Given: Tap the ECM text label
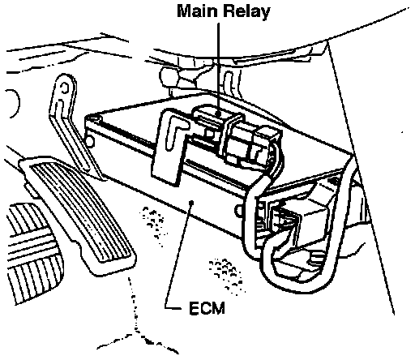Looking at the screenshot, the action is click(207, 308).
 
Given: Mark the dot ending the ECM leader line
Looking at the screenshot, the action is click(192, 202).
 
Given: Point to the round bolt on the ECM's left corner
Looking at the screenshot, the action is click(90, 141).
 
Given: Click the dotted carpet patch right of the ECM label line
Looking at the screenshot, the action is click(226, 274).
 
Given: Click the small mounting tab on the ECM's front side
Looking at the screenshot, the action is click(238, 210).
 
